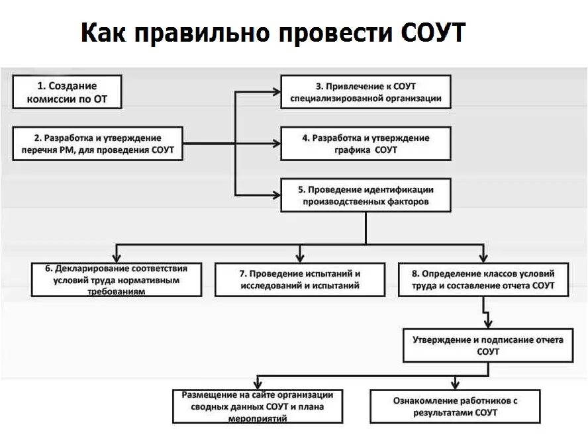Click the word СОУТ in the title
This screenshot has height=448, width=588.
(x=433, y=32)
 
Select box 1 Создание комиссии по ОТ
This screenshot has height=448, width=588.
(x=67, y=92)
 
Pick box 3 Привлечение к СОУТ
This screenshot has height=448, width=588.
(x=366, y=92)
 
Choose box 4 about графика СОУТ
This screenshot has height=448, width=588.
(x=366, y=144)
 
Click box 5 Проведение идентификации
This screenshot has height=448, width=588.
(x=366, y=195)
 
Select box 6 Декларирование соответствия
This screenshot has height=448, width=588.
(x=117, y=279)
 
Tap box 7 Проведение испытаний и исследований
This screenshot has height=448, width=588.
(x=299, y=279)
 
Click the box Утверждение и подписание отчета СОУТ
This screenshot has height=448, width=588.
(x=488, y=345)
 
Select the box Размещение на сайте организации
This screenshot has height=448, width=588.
(x=258, y=406)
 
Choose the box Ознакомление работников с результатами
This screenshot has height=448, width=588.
(x=455, y=406)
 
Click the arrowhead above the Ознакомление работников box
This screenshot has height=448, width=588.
(x=455, y=384)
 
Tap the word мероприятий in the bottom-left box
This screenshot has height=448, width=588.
(x=258, y=419)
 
